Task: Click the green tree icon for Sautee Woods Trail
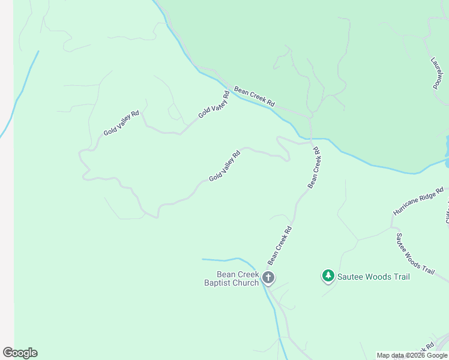328,276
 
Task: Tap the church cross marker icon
268,278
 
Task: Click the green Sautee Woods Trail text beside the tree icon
373,277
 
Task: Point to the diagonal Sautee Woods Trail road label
414,253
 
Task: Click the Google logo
20,353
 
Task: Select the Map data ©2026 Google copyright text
412,355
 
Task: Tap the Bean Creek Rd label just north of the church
280,245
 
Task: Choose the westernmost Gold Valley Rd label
121,122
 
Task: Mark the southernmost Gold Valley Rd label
224,166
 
